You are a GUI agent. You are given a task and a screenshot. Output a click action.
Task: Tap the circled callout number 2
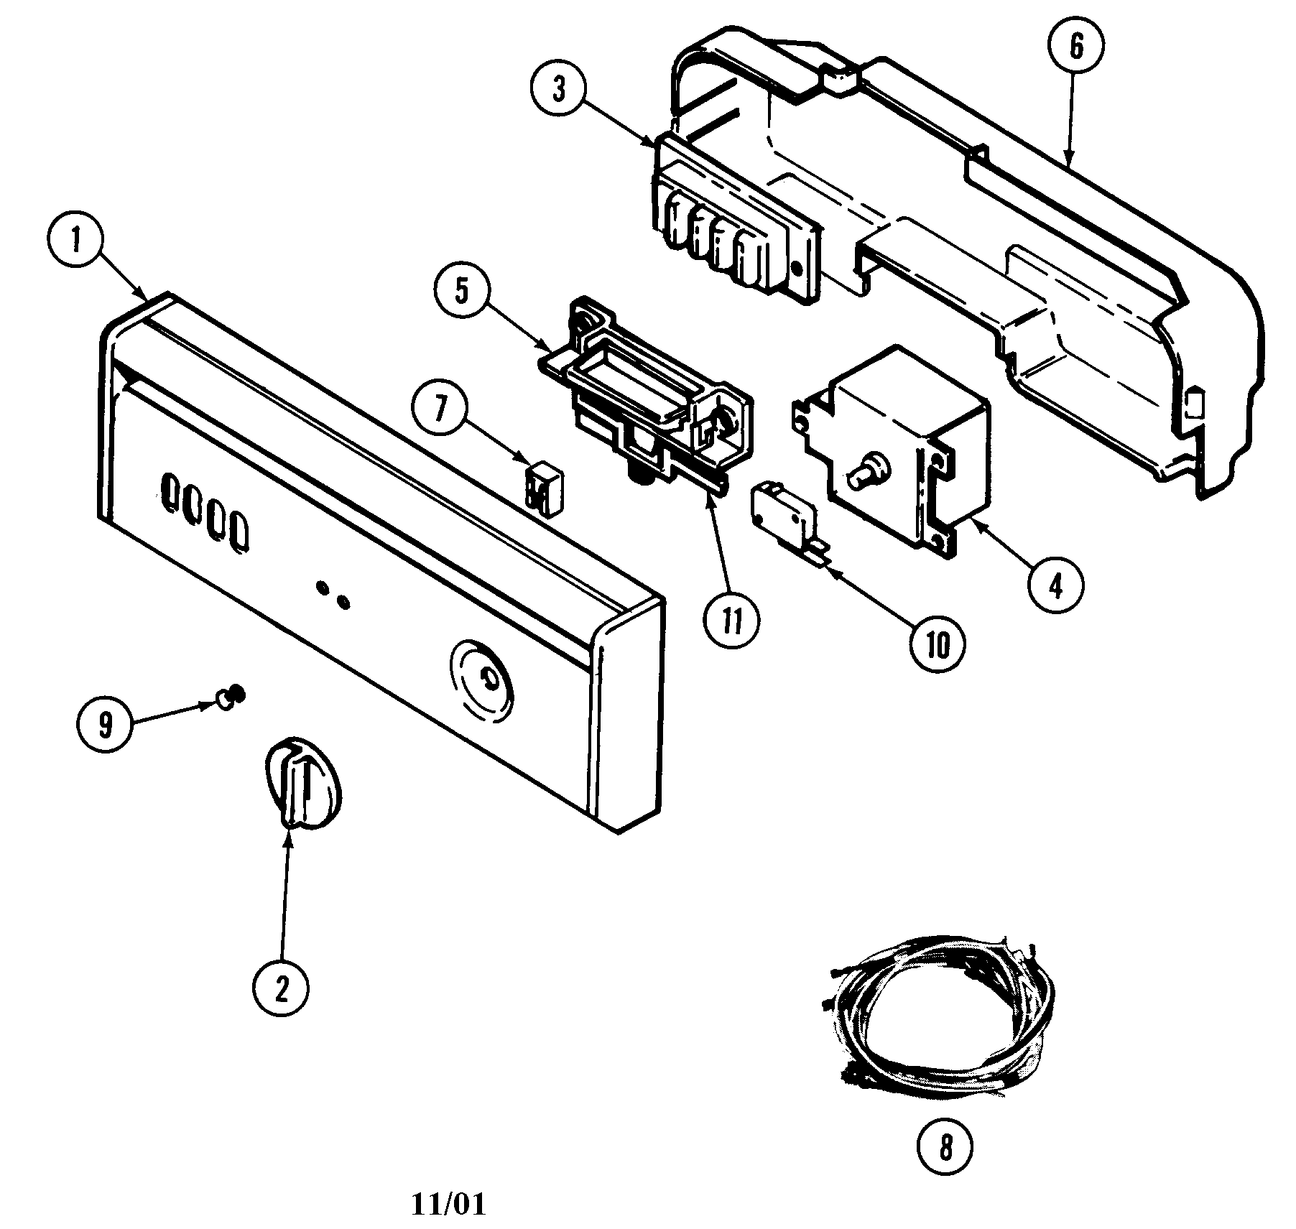281,988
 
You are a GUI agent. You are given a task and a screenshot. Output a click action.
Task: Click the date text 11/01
448,1205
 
